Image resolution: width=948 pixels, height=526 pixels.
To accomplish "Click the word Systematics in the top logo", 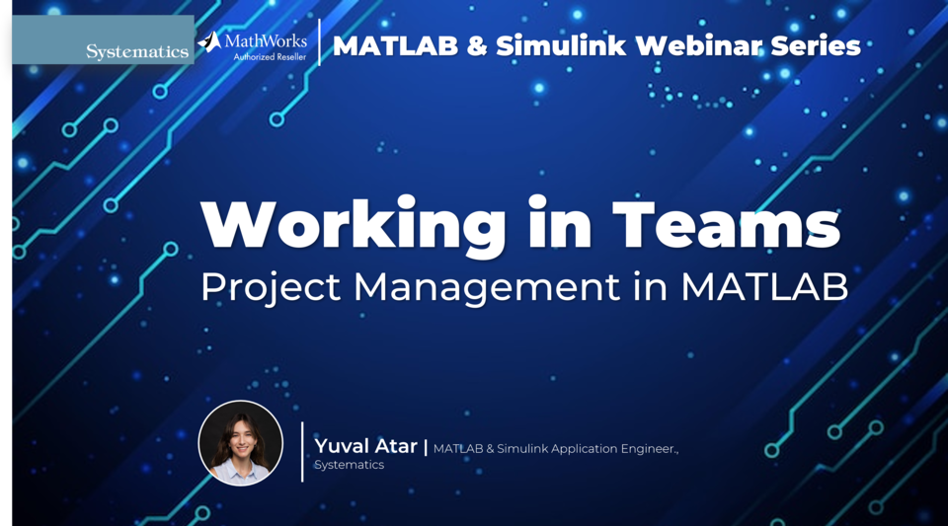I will (136, 51).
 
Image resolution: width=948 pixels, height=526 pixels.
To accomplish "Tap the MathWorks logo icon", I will (209, 41).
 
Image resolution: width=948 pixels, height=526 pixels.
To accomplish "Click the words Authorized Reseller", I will (270, 57).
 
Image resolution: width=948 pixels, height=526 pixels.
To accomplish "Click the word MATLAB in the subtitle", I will (764, 286).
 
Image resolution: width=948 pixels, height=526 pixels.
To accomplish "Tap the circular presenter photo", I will (240, 443).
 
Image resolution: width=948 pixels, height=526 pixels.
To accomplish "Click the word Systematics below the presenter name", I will (349, 465).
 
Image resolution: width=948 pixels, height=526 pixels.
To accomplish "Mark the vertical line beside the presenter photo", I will (302, 451).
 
